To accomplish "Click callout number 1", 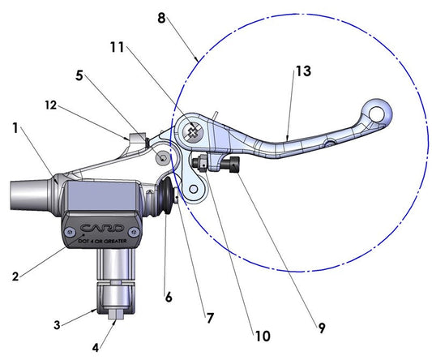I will click(x=15, y=127).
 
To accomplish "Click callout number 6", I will click(x=169, y=297).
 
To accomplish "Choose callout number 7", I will click(x=209, y=318).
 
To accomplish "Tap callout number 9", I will click(x=321, y=328).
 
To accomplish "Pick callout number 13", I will click(x=302, y=72).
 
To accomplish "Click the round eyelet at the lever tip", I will click(x=379, y=110).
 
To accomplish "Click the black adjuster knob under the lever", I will click(x=234, y=166).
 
